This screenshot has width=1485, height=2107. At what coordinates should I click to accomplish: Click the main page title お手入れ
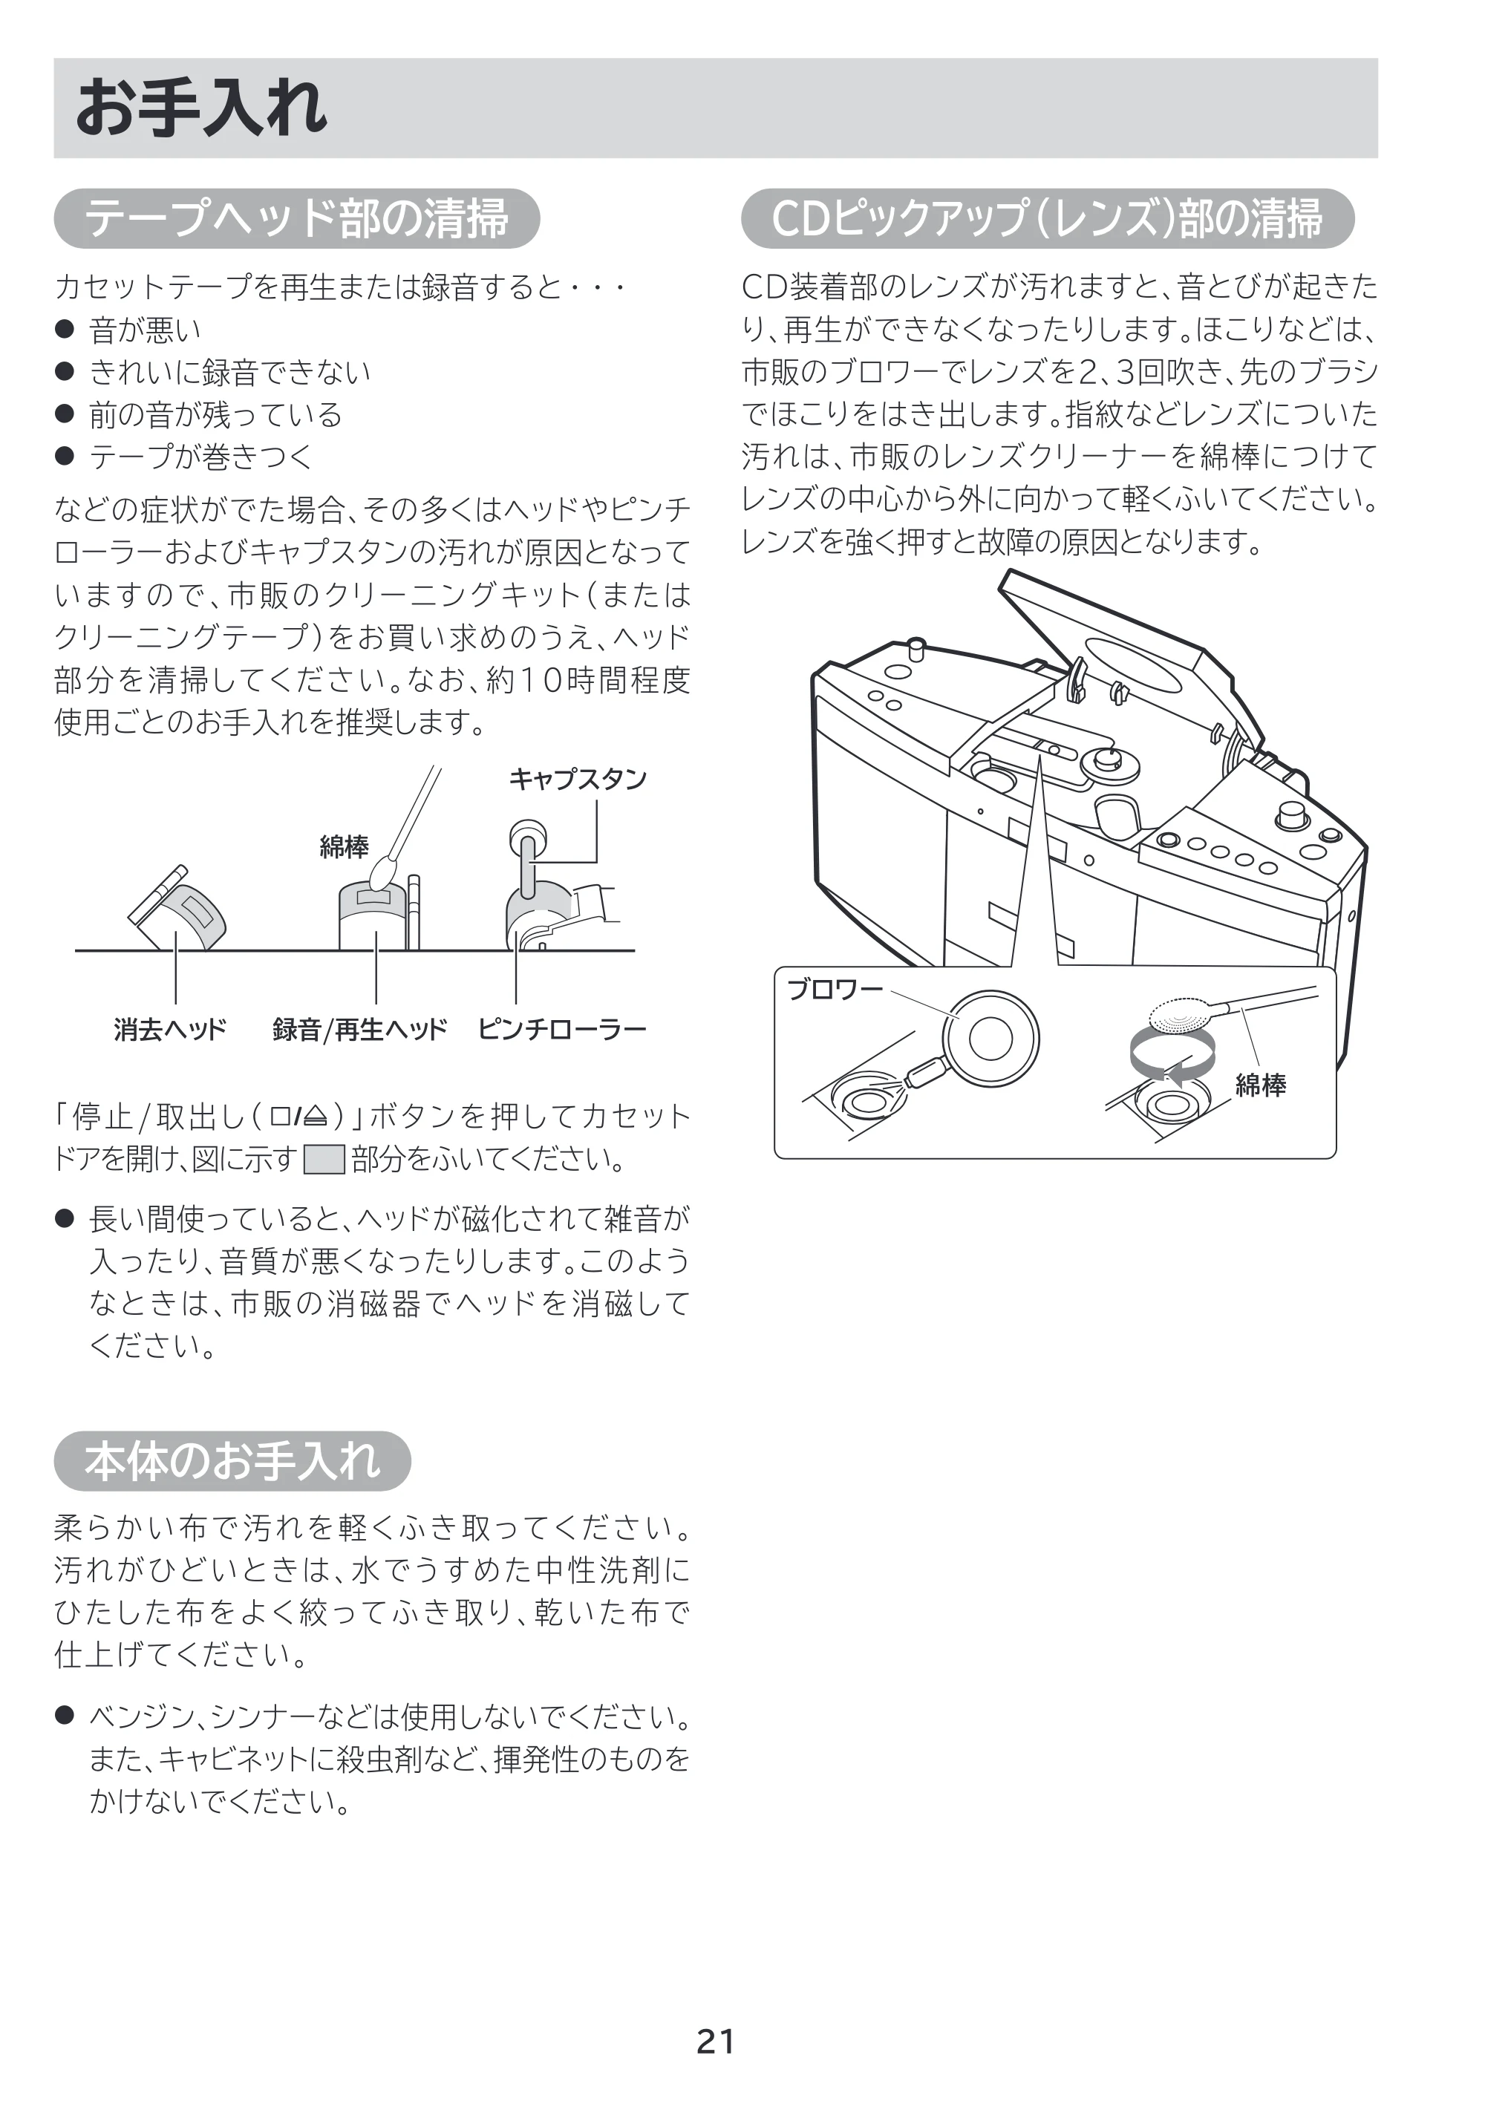[200, 108]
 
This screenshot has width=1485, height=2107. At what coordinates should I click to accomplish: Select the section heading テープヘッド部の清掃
[296, 218]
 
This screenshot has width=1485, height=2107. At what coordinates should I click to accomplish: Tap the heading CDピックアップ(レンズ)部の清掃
[1046, 218]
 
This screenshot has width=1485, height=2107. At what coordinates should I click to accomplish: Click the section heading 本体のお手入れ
[232, 1460]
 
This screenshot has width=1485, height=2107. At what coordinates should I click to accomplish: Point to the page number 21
[716, 2041]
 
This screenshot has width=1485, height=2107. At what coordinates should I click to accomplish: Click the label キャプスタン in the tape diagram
[578, 779]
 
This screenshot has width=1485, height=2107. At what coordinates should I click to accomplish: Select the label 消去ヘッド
[170, 1029]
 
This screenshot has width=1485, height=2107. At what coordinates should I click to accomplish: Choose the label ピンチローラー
[561, 1029]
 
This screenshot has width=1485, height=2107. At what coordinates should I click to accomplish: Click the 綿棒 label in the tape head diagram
[345, 847]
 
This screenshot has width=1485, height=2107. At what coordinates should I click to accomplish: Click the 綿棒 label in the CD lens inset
[1260, 1085]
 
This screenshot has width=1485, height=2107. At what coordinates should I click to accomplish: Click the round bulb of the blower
[992, 1038]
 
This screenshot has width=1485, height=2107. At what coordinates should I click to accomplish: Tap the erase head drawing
[179, 909]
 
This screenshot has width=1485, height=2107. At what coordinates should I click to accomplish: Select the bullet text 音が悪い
[145, 330]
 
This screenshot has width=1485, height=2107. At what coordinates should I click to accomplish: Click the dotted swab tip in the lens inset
[1181, 1016]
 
